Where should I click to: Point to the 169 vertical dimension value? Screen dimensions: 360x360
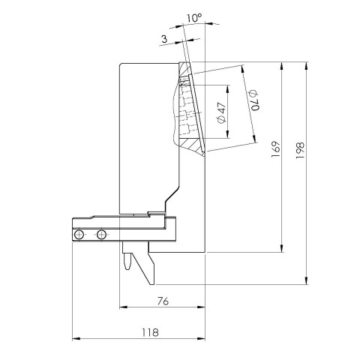click(275, 149)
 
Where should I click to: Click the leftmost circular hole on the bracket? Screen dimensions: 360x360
click(78, 235)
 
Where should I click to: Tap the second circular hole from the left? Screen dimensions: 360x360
click(101, 235)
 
